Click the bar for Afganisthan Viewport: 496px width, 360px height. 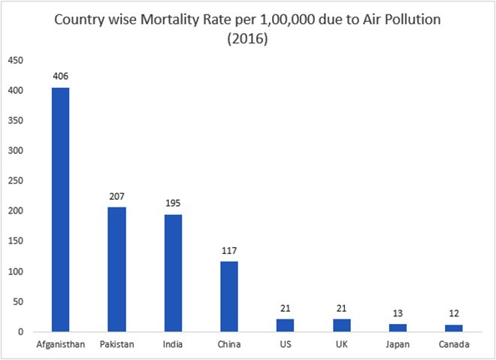click(x=60, y=210)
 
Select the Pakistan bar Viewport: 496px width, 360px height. click(x=116, y=270)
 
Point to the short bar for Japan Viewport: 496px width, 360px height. click(x=397, y=328)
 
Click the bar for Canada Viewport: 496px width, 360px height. click(x=453, y=328)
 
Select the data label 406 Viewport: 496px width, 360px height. click(x=60, y=76)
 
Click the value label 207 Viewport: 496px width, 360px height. click(x=116, y=195)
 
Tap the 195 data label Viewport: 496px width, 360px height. click(x=173, y=203)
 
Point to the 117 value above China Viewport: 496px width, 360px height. click(x=228, y=250)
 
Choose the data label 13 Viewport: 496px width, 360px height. click(x=397, y=313)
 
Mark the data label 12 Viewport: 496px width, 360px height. click(x=453, y=313)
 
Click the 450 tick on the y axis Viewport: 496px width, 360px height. click(x=16, y=60)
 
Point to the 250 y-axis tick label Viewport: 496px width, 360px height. click(x=16, y=181)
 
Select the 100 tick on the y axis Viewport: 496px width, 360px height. click(x=16, y=271)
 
